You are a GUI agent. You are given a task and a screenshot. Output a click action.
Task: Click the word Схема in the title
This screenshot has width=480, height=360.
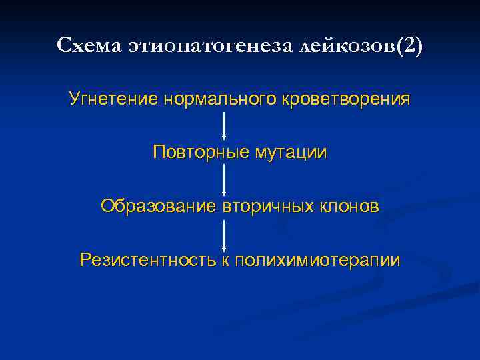tap(85, 46)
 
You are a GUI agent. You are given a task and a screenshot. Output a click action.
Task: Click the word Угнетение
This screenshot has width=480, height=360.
tap(112, 99)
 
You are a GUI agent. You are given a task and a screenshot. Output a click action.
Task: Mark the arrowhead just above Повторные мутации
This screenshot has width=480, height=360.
tap(223, 137)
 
